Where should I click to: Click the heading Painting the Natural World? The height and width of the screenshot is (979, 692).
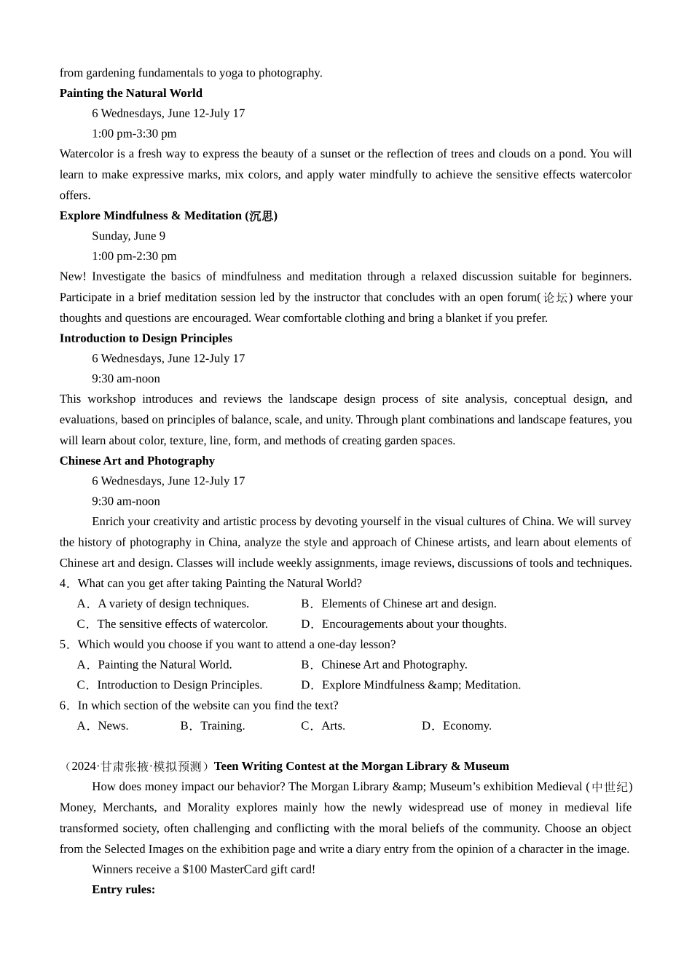(131, 93)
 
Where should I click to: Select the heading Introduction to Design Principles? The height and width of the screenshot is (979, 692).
(146, 338)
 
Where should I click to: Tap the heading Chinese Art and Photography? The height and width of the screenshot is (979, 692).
(137, 460)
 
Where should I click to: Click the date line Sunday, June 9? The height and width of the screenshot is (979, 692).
(128, 236)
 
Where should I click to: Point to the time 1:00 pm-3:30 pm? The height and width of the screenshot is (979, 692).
(134, 134)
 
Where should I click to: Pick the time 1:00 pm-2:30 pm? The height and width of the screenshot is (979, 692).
(134, 256)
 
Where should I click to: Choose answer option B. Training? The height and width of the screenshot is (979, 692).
(213, 726)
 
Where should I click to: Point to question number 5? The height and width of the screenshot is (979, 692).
(63, 645)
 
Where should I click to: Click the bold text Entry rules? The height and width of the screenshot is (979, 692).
(124, 889)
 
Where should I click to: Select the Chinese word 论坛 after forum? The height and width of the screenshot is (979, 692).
(555, 297)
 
